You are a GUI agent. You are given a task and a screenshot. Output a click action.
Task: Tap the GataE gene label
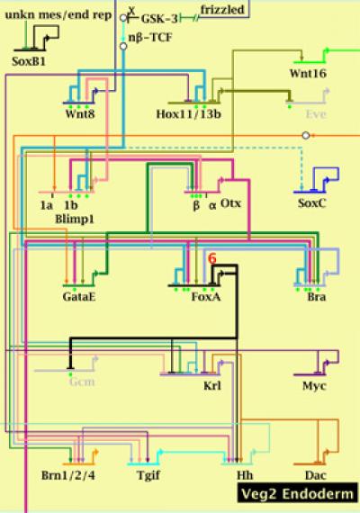(79, 296)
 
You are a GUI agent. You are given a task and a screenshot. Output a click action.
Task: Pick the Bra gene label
(316, 296)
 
